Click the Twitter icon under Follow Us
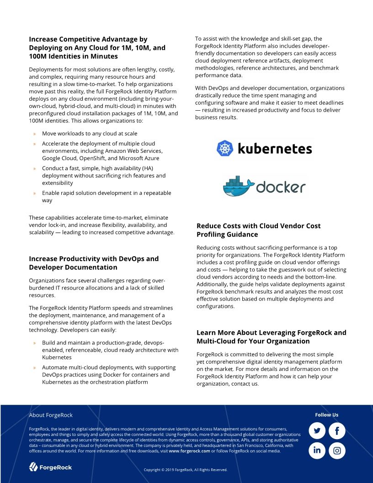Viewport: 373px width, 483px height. coord(317,431)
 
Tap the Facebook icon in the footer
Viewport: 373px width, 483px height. coord(337,431)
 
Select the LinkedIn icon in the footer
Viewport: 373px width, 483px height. coord(317,451)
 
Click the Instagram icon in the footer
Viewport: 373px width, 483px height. coord(337,451)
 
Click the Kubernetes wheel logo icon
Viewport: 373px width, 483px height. coord(225,148)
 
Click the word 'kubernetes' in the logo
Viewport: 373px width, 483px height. coord(275,149)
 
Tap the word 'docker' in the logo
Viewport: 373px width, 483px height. coord(281,187)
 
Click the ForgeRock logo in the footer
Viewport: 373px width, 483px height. coord(51,467)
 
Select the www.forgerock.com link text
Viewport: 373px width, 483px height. coord(189,451)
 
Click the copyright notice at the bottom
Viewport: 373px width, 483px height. coord(185,470)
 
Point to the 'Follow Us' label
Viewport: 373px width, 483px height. coord(326,415)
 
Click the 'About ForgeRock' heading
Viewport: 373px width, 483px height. coord(51,415)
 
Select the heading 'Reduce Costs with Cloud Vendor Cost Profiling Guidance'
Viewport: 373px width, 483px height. coord(258,230)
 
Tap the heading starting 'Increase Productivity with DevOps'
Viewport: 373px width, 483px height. coord(94,263)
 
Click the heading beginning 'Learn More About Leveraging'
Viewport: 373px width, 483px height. coord(271,337)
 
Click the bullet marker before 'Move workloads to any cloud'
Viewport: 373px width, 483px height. coord(35,134)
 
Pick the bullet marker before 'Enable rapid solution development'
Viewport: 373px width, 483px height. coord(35,193)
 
